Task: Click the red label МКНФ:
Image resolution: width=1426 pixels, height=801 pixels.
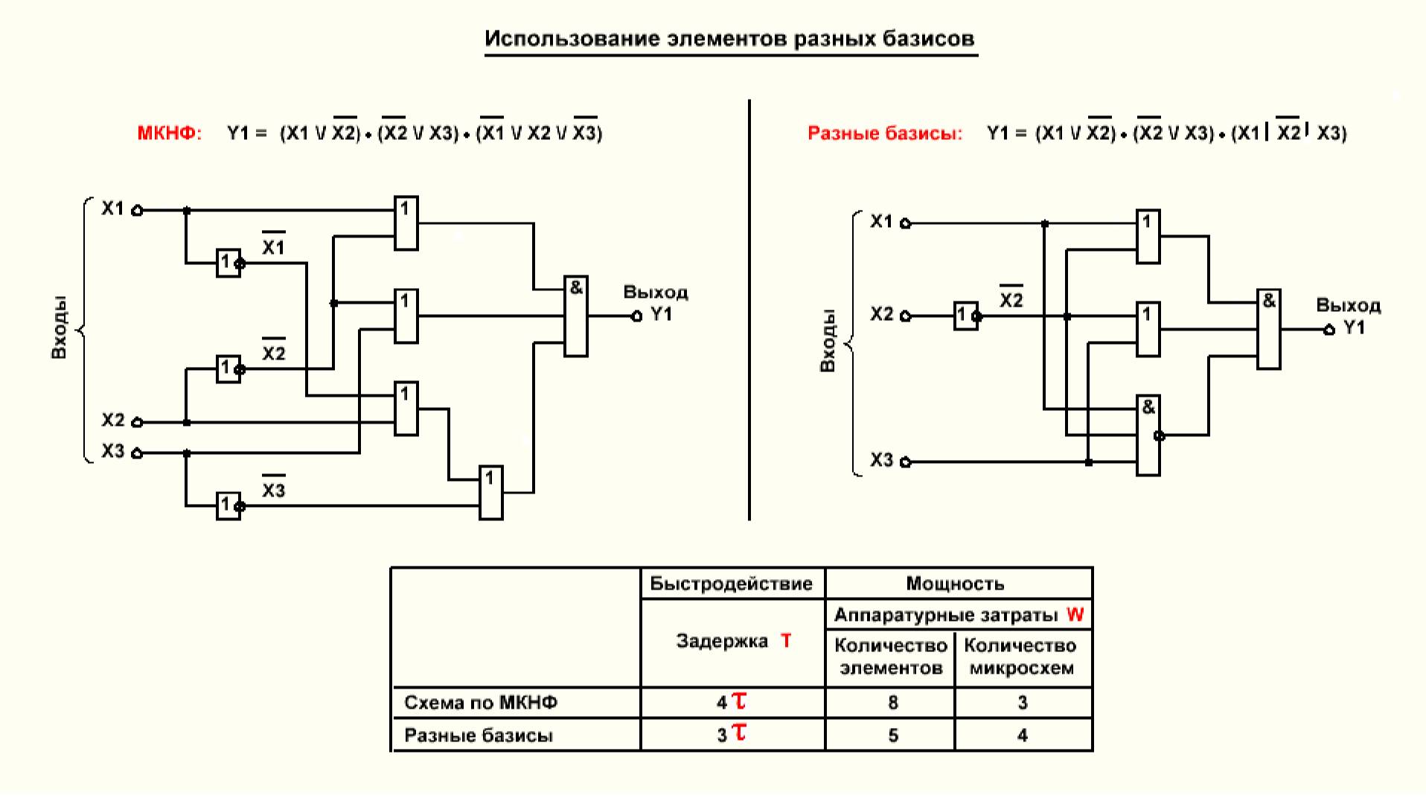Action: click(x=169, y=133)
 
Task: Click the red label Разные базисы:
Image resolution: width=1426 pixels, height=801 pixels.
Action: click(x=884, y=133)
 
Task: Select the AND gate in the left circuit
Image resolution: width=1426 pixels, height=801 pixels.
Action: click(x=575, y=316)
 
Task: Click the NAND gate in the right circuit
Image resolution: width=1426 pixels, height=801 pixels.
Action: click(x=1148, y=435)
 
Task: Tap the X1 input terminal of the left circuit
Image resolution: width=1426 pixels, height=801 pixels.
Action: click(x=137, y=211)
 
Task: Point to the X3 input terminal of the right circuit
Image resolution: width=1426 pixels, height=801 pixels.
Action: click(x=905, y=462)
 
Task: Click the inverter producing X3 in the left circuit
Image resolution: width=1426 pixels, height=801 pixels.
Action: click(x=228, y=506)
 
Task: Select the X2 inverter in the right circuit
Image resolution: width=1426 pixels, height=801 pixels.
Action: click(x=965, y=316)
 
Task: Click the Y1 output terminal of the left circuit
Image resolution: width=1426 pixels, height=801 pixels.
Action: click(x=636, y=316)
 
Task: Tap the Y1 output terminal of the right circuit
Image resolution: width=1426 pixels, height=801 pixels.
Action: click(x=1329, y=330)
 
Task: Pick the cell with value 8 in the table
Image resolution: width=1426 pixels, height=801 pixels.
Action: click(x=892, y=702)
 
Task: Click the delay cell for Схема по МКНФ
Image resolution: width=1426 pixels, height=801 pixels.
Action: click(x=732, y=702)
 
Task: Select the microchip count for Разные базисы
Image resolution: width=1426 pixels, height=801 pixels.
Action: click(x=1023, y=735)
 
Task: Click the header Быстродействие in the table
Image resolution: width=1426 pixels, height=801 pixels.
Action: click(x=731, y=584)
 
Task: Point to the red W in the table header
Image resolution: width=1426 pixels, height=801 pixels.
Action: click(x=1075, y=615)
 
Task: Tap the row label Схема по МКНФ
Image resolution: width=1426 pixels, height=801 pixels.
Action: click(x=481, y=703)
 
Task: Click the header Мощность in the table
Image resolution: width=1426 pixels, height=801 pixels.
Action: click(x=955, y=584)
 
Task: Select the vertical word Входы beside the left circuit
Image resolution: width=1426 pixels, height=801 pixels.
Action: click(x=59, y=328)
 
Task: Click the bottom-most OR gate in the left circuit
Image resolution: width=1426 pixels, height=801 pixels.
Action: click(x=490, y=492)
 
